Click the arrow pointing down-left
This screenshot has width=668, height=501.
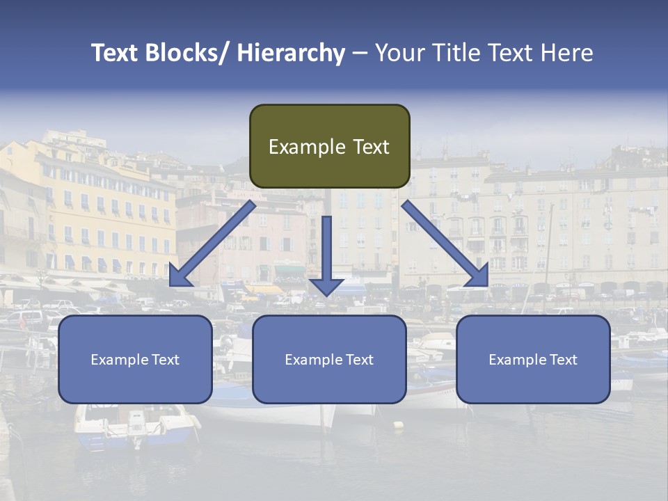tap(212, 244)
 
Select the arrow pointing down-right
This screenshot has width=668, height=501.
tap(445, 244)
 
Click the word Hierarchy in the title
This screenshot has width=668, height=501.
tap(291, 54)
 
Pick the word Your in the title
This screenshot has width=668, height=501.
tap(399, 54)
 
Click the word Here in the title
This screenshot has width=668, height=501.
tap(567, 54)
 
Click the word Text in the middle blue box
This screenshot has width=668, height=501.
tap(358, 360)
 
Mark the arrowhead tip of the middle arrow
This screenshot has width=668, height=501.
tap(326, 295)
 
